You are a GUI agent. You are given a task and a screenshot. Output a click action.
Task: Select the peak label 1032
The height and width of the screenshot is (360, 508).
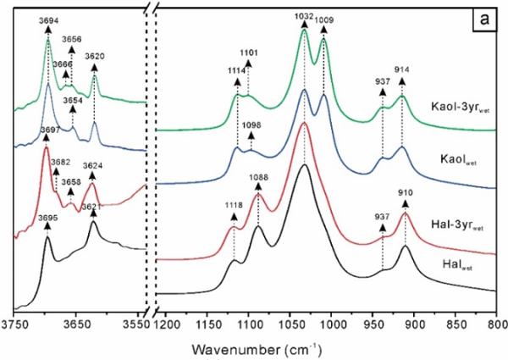point(305,14)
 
